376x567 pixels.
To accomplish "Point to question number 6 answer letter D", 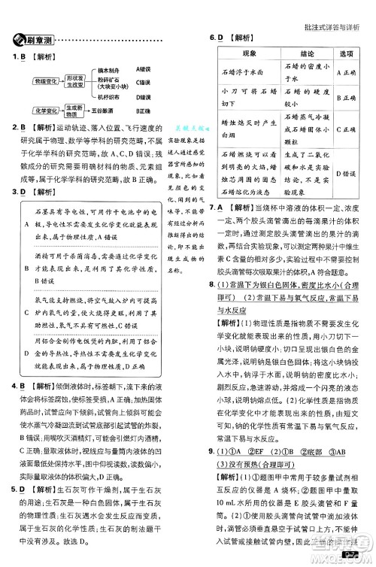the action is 220,36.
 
